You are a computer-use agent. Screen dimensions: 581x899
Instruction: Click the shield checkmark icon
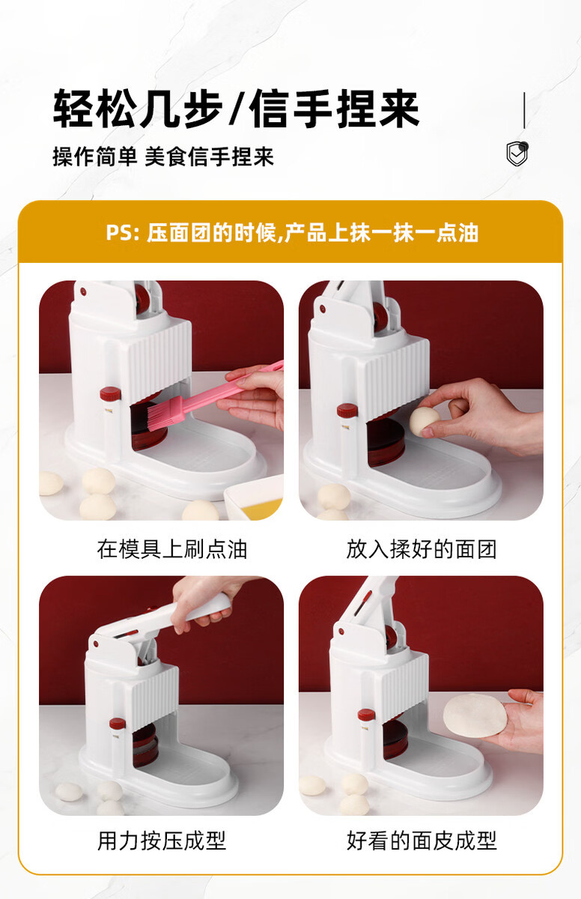tap(517, 153)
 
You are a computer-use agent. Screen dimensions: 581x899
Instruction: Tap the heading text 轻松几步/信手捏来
tap(236, 109)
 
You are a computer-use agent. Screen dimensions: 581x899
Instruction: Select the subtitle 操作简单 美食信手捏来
tap(163, 157)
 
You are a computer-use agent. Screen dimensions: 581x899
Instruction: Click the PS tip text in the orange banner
tap(292, 233)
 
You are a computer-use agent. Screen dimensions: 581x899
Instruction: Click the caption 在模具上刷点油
tap(171, 549)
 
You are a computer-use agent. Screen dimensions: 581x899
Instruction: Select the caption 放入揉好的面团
tap(422, 549)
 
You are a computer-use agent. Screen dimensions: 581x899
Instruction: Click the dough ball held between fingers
tap(424, 421)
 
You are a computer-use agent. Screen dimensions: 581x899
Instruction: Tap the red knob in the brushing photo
tap(110, 395)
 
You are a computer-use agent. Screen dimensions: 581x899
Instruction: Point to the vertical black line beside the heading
tap(524, 110)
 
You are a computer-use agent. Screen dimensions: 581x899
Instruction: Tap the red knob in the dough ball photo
tap(347, 411)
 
